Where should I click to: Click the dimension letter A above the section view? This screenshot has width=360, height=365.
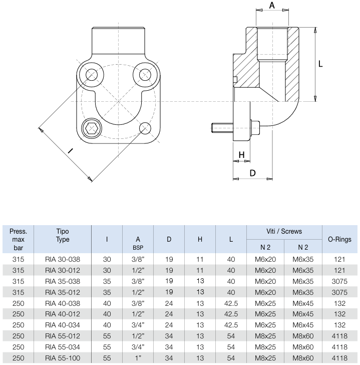tap(272, 6)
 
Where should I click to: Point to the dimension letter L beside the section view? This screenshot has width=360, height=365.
tap(320, 64)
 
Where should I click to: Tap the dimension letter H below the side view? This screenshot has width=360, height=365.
tap(241, 155)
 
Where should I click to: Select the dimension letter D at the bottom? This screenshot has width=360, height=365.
tap(252, 173)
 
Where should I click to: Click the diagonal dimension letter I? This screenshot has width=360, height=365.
tap(70, 150)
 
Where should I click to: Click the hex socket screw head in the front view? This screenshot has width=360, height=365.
tap(92, 128)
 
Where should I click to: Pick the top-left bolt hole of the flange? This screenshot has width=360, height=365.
tap(92, 75)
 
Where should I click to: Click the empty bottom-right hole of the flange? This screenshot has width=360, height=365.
tap(145, 128)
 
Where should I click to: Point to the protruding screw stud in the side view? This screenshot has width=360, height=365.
tap(221, 128)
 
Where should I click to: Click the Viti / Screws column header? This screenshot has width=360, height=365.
tap(284, 232)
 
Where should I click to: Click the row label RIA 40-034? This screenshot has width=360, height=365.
tap(63, 326)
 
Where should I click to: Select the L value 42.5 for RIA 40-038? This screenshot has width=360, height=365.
tap(231, 303)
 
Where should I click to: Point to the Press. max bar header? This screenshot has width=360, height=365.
tap(18, 239)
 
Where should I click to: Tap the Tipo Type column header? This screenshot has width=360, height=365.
tap(63, 236)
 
